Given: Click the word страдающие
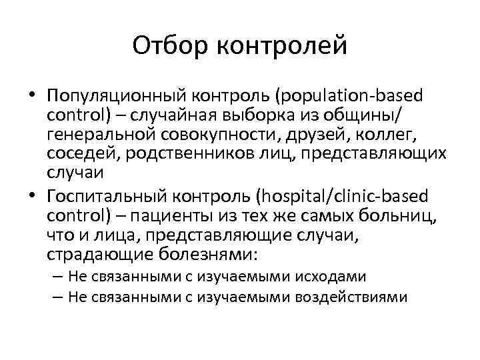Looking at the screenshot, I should [100, 255].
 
